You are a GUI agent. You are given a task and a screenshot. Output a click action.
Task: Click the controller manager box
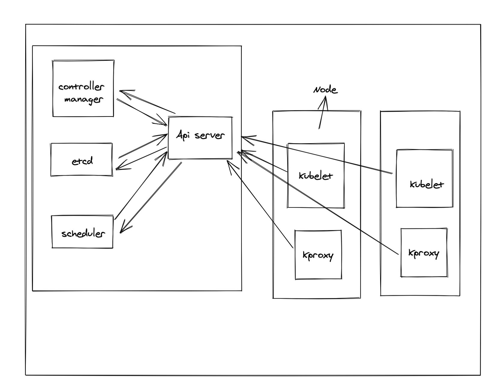(x=83, y=88)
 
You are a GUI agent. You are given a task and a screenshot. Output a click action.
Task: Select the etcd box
(x=82, y=159)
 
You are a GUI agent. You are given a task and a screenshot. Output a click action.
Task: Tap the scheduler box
(x=82, y=232)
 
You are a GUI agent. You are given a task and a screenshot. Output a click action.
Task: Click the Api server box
(x=200, y=138)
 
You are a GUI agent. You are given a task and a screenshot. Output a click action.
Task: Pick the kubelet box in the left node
(x=316, y=175)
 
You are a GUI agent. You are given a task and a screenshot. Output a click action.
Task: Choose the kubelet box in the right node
(x=424, y=179)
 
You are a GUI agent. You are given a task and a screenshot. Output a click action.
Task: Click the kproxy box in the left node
(x=318, y=255)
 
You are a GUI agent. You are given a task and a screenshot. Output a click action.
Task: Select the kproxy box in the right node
(x=424, y=252)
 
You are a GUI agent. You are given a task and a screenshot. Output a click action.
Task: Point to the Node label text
(x=325, y=90)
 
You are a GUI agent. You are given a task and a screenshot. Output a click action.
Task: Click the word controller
(x=81, y=86)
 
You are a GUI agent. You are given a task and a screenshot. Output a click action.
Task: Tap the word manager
(x=83, y=100)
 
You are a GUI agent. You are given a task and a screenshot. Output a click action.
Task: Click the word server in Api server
(x=209, y=135)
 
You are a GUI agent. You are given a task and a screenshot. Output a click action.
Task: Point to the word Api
(x=183, y=135)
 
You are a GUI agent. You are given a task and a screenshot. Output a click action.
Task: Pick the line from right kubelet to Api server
(x=316, y=155)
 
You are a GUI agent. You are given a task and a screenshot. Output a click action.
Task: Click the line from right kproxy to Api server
(x=318, y=203)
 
